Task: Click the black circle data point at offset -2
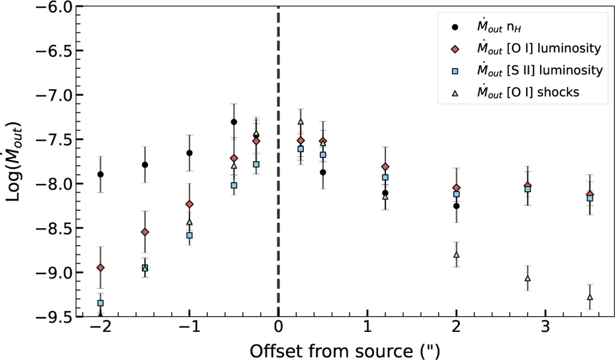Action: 100,174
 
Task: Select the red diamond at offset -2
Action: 100,267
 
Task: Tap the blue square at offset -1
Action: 190,235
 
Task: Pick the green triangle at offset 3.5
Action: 590,297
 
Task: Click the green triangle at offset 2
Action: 456,255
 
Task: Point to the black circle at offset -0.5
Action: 234,122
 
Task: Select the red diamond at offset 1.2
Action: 385,166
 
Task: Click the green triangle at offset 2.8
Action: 527,278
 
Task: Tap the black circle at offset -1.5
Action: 145,164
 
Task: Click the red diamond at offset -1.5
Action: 145,232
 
